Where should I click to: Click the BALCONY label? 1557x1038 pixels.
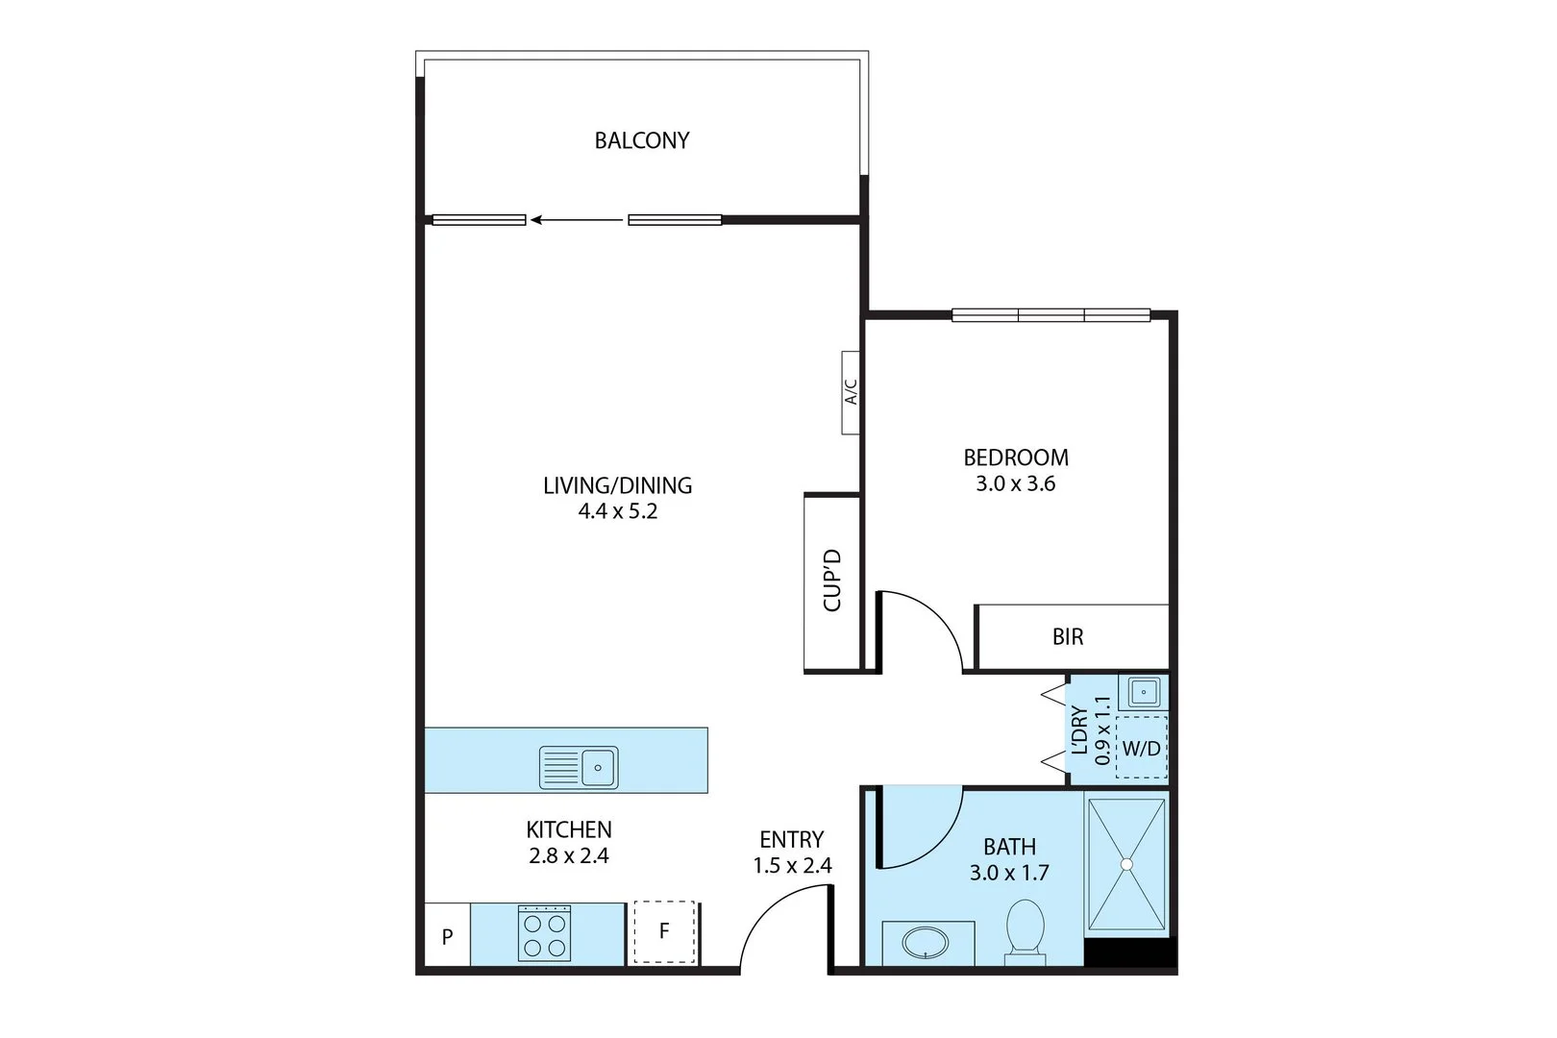click(x=642, y=140)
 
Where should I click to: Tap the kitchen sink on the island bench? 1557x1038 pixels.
click(x=579, y=767)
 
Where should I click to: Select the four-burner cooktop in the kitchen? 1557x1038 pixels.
click(x=544, y=933)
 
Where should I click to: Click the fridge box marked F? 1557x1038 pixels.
click(x=663, y=931)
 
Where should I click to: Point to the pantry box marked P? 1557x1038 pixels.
click(x=447, y=935)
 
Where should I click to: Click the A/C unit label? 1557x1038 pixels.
click(x=851, y=391)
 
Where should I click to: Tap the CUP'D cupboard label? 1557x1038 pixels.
click(x=832, y=581)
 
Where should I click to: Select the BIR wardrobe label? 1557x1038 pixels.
click(x=1068, y=636)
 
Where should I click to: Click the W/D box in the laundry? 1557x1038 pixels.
click(x=1142, y=748)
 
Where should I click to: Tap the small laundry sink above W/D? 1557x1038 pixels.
click(x=1144, y=692)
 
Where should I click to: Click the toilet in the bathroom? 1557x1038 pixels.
click(x=1025, y=928)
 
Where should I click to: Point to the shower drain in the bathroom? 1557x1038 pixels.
click(x=1126, y=864)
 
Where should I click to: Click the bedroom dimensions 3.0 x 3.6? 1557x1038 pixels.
click(x=1016, y=483)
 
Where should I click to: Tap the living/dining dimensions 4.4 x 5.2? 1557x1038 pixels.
click(x=617, y=511)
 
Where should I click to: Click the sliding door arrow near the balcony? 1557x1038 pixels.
click(x=577, y=220)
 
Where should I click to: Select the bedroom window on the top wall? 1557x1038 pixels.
click(x=1050, y=314)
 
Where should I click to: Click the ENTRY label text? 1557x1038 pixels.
click(x=791, y=839)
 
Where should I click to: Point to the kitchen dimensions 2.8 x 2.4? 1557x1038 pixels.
click(x=569, y=855)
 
